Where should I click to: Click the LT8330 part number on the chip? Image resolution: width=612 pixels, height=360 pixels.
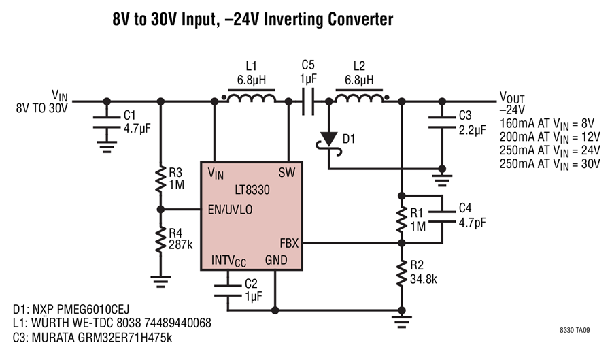coord(252,190)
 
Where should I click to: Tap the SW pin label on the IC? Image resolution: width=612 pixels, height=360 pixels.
coord(287,173)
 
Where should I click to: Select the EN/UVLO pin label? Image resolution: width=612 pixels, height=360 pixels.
coord(231,210)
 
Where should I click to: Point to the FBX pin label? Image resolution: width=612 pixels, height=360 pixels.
coord(289,243)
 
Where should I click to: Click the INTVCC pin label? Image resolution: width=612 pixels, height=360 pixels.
coord(228,261)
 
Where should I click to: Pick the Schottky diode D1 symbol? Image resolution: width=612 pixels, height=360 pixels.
coord(328,142)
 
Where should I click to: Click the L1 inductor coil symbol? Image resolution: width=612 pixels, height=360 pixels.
coord(252,97)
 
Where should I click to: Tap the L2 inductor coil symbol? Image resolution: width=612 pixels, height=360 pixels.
coord(359,97)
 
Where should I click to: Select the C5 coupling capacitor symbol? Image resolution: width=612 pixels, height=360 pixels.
coord(308,101)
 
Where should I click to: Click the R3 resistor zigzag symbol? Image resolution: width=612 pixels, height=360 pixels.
coord(160,179)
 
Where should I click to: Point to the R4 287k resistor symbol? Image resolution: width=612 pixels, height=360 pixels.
coord(160,240)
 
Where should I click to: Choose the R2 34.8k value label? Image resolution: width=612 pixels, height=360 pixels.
coord(424,279)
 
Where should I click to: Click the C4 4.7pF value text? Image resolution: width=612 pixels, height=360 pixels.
coord(473,223)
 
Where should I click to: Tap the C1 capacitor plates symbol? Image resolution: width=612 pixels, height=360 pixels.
coord(107,122)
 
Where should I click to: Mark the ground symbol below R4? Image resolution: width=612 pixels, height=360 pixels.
coord(160,282)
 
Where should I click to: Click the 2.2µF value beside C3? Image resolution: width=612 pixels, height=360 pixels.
coord(473,129)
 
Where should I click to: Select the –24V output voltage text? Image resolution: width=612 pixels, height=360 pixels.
coord(512,110)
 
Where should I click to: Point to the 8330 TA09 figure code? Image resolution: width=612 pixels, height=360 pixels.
coord(575,330)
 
